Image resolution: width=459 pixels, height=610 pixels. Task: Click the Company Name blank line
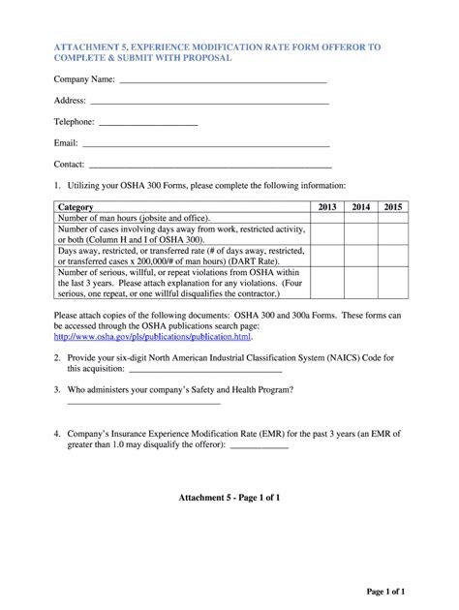pyautogui.click(x=222, y=83)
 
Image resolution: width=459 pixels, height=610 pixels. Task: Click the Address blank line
pyautogui.click(x=209, y=104)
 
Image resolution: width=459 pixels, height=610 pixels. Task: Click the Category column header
pyautogui.click(x=76, y=207)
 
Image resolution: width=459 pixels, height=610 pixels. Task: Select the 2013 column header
pyautogui.click(x=327, y=207)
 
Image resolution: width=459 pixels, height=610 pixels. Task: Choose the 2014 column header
pyautogui.click(x=361, y=207)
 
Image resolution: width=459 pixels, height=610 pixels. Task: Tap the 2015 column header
pyautogui.click(x=393, y=207)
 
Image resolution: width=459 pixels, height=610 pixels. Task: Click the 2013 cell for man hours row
pyautogui.click(x=327, y=219)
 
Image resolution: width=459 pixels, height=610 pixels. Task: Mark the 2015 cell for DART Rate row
pyautogui.click(x=393, y=256)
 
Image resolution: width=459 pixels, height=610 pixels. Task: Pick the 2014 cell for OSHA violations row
pyautogui.click(x=361, y=283)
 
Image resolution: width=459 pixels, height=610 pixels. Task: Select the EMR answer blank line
pyautogui.click(x=260, y=447)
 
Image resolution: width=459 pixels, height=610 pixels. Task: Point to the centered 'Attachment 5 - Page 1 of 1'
pyautogui.click(x=229, y=498)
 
